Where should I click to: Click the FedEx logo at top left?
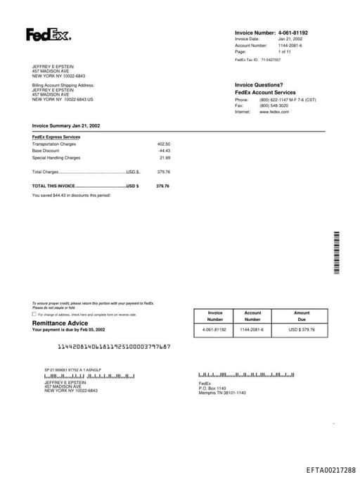(x=48, y=34)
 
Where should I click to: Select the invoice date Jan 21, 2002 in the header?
(x=290, y=39)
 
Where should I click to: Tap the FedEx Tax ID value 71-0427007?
(x=271, y=60)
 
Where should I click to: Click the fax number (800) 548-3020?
(x=274, y=106)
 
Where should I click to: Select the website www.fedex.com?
(x=274, y=112)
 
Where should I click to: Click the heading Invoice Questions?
(x=259, y=84)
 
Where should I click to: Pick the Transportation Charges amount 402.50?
(x=163, y=144)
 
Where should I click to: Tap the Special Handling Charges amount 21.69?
(x=165, y=158)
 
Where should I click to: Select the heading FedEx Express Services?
(x=56, y=137)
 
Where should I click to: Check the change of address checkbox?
(x=34, y=314)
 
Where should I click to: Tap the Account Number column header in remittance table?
(x=252, y=316)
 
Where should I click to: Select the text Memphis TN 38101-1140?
(x=222, y=392)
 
